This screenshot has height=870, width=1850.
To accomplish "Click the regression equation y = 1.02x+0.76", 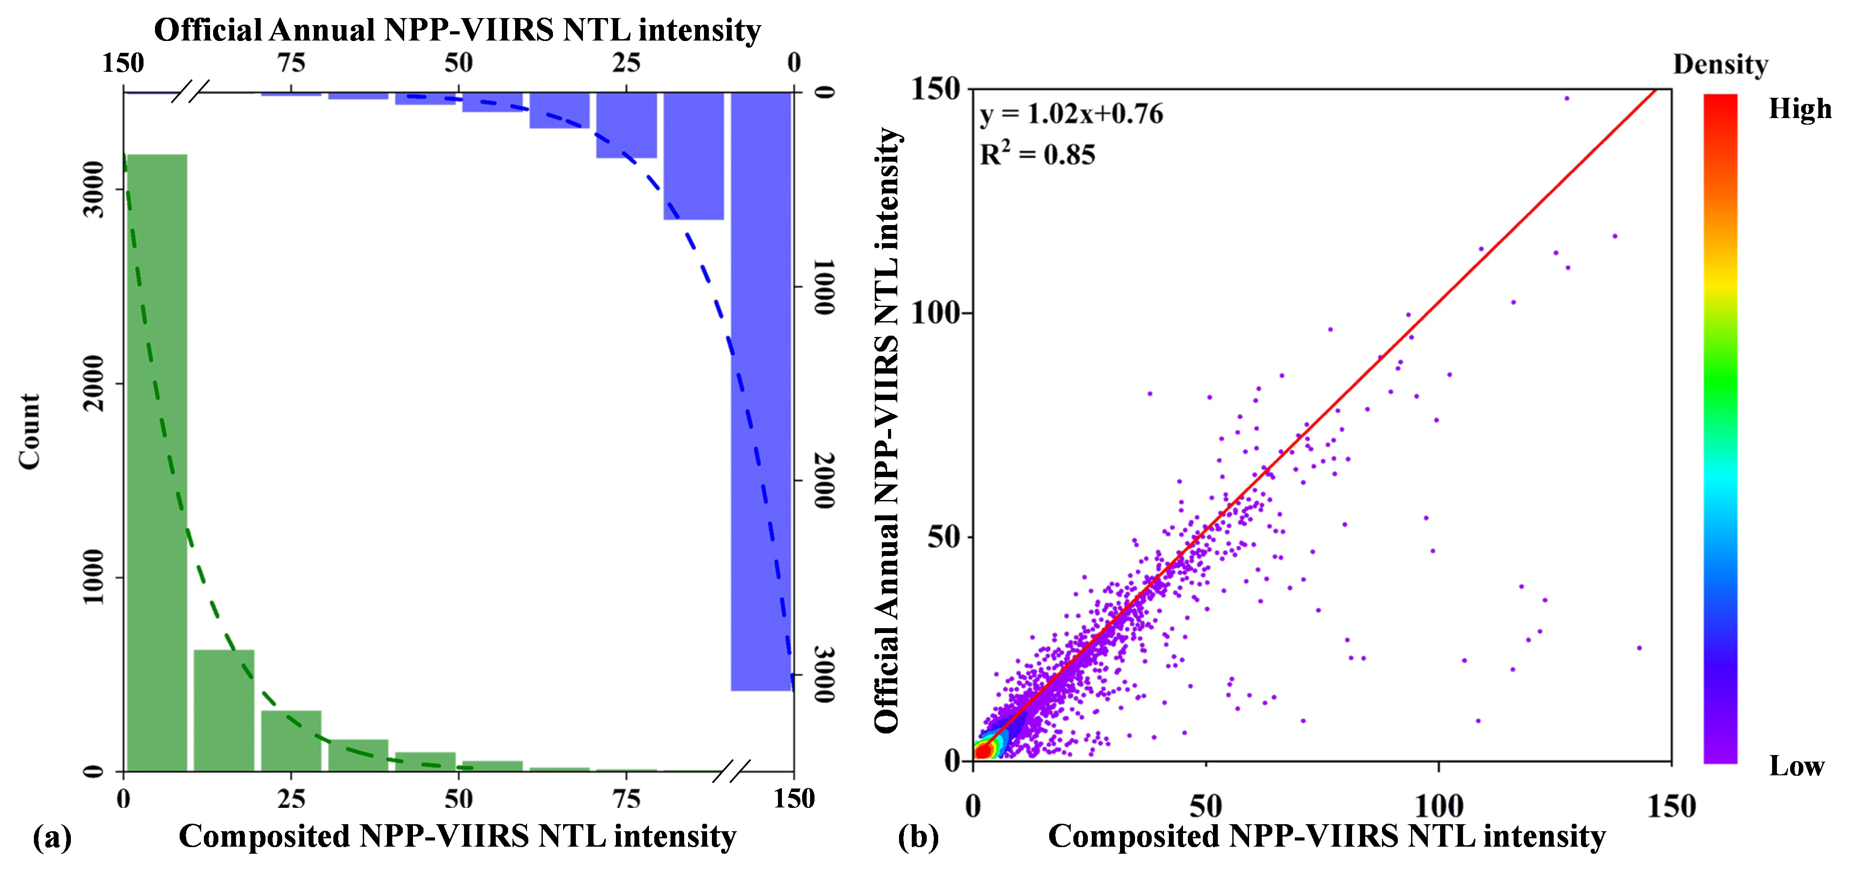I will coord(1071,114).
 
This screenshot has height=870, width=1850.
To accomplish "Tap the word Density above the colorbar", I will coord(1720,65).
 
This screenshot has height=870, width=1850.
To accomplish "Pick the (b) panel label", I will coord(918,837).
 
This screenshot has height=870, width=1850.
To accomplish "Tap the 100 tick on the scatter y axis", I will coord(935,313).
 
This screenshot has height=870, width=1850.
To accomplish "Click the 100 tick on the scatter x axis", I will coord(1438,806).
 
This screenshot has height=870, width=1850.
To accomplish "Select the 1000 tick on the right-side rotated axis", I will coord(825,287).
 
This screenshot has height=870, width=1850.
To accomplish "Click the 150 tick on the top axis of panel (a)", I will coord(123,63).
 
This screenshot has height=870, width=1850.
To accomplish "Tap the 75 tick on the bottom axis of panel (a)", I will coord(626,799).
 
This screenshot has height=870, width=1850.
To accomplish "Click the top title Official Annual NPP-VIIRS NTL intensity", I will coord(457,30).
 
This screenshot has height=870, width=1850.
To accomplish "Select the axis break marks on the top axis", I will coord(190,92).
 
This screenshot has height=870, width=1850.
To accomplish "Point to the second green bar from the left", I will coord(224,710).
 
